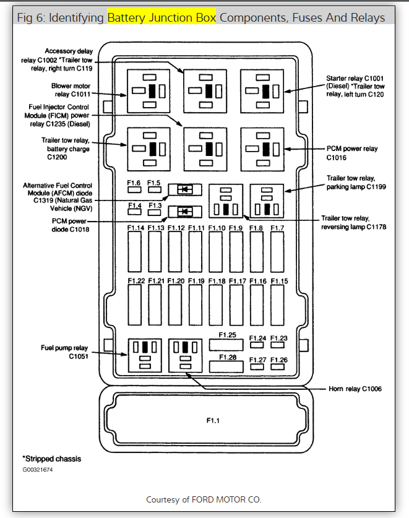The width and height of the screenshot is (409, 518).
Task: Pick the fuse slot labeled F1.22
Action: point(136,305)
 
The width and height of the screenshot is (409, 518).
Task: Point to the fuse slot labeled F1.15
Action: point(278,305)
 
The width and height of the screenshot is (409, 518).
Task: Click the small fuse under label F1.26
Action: point(278,367)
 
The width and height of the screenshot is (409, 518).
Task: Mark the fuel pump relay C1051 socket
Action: point(145,355)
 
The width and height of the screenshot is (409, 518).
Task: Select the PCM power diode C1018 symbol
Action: point(184,212)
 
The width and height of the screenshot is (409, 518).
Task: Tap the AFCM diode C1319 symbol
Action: point(184,190)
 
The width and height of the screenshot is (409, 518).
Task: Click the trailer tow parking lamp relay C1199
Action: point(267,201)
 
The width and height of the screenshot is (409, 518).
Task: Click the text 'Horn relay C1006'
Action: point(355,389)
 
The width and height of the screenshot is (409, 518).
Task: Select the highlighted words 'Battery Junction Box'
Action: point(162,17)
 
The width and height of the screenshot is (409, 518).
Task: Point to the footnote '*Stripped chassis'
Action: point(51,459)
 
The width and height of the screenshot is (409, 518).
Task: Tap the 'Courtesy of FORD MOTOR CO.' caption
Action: point(204,499)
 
